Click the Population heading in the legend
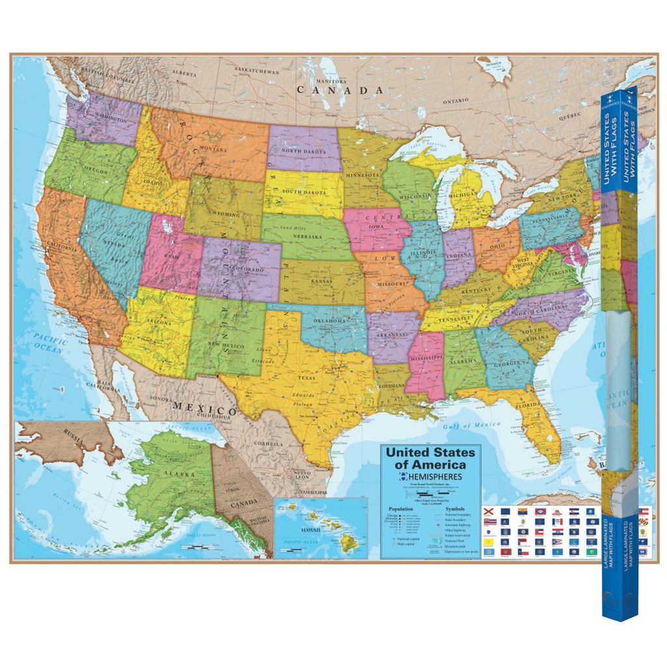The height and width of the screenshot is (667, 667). (401, 509)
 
